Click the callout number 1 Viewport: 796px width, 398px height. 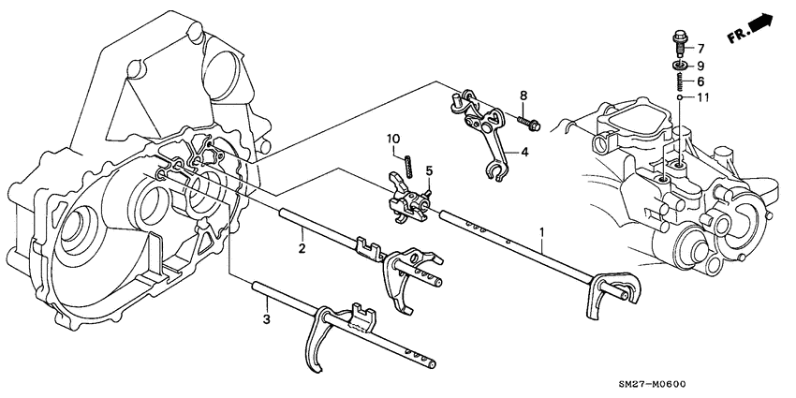[540, 230]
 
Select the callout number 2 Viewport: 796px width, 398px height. [302, 248]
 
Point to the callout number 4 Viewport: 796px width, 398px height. [524, 152]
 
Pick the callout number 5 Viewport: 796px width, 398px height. [429, 170]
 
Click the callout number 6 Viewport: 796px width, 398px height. [700, 81]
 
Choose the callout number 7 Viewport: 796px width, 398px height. [700, 47]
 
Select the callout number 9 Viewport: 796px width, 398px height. [700, 66]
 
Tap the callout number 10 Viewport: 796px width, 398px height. [395, 140]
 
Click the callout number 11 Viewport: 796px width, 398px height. [701, 97]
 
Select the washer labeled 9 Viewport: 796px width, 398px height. [677, 66]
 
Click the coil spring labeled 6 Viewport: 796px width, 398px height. [677, 82]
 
